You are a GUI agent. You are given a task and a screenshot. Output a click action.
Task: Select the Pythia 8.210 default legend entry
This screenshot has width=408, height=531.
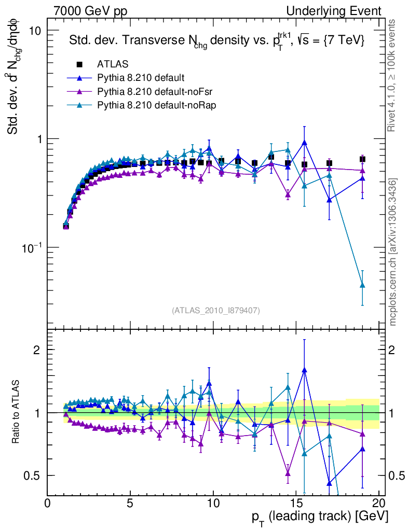click(140, 78)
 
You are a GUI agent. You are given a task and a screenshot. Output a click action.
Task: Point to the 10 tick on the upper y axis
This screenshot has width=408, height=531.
click(34, 31)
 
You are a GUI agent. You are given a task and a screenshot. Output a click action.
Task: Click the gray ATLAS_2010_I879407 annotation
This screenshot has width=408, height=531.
click(216, 311)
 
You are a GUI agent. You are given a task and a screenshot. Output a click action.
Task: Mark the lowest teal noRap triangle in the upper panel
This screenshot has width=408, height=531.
click(362, 285)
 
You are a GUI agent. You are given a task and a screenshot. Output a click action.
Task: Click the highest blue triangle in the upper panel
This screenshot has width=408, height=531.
click(304, 143)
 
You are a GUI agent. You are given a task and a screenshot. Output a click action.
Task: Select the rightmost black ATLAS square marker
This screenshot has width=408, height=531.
click(362, 159)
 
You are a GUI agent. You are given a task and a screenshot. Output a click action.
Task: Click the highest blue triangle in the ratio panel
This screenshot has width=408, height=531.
click(304, 370)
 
